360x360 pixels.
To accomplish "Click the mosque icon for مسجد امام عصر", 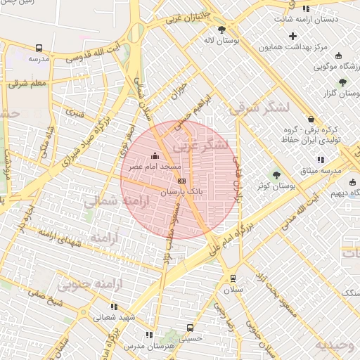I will pos(155,155).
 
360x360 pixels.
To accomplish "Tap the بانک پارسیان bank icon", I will pos(182,181).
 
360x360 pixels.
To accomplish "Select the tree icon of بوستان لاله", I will pos(222,30).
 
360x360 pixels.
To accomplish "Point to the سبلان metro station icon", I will pos(233,278).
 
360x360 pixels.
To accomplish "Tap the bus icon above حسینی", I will pos(190,328).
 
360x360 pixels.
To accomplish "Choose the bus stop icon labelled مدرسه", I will pos(39,49).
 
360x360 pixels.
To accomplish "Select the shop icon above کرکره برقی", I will pos(311,119).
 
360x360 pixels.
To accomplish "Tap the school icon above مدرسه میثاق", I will pos(321,160).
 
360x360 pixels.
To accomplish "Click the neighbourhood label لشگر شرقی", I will pos(259,106).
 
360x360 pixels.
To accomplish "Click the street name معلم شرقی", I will pos(28,84).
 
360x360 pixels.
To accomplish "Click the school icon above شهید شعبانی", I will pos(114,307).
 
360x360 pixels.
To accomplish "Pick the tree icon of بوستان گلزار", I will pos(342,82).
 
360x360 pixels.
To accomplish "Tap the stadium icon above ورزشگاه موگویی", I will pos(339,56).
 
